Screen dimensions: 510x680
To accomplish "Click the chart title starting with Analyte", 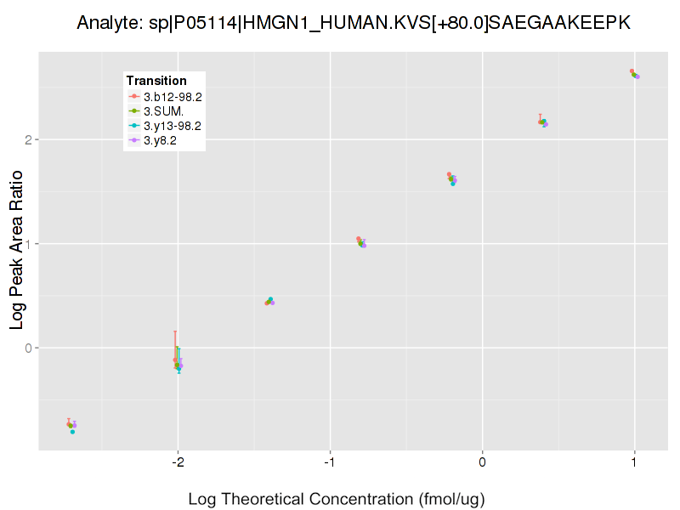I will pos(353,23).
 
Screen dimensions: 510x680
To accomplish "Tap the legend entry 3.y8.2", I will pos(160,140).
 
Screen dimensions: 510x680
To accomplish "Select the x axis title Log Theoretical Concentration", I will pos(336,498).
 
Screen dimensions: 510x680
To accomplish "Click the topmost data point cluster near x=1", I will pos(634,74).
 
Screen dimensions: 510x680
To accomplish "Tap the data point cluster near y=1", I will pos(361,242).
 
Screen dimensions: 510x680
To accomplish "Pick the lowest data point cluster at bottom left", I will pos(71,426).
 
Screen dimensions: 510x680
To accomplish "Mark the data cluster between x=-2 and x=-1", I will pos(269,301).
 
